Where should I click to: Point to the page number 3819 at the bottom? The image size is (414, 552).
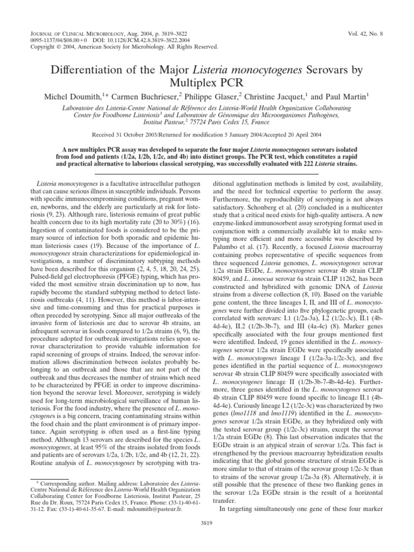click(206, 522)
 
